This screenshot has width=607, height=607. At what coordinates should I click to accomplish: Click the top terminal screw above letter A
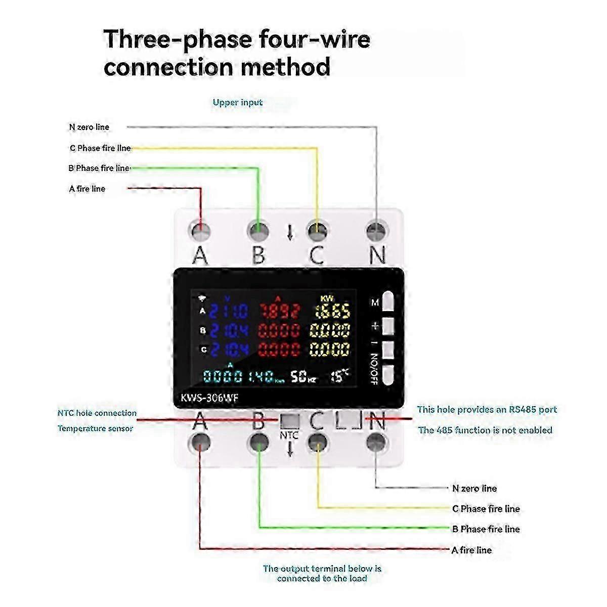tap(201, 231)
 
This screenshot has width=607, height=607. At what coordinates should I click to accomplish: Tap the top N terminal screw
tap(376, 231)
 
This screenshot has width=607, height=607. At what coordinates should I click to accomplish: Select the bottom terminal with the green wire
tap(258, 442)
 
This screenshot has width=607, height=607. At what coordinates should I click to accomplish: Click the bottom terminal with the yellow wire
tap(317, 442)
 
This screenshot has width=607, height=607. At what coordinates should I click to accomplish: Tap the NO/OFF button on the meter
tap(388, 375)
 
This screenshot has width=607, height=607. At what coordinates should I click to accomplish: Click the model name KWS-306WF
tap(209, 398)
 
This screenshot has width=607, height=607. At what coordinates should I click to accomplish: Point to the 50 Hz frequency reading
tap(302, 376)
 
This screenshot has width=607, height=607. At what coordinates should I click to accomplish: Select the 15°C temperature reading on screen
tap(339, 375)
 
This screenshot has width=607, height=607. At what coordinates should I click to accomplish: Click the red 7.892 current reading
tap(279, 311)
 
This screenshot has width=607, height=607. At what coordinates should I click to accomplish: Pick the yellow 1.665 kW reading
tap(330, 311)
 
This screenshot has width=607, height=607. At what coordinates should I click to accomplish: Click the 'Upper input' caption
tap(237, 102)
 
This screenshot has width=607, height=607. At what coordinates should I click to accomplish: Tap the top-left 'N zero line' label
tap(89, 127)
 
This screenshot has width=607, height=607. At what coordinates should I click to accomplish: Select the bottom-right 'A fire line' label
tap(471, 550)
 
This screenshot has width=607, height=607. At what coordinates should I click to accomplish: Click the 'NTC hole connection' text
tap(97, 413)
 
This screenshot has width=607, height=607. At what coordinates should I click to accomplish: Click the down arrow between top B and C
tap(290, 232)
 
